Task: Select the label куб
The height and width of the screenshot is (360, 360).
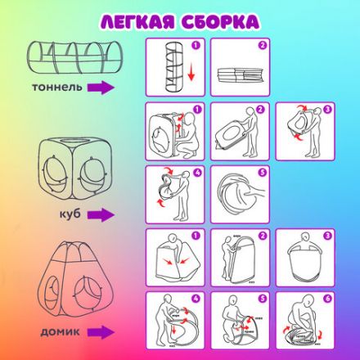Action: pyautogui.click(x=70, y=214)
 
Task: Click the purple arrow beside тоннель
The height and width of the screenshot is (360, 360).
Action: pyautogui.click(x=101, y=87)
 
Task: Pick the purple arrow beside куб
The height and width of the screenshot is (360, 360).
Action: pyautogui.click(x=101, y=216)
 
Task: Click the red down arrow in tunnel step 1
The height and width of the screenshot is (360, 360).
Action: pyautogui.click(x=191, y=79)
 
